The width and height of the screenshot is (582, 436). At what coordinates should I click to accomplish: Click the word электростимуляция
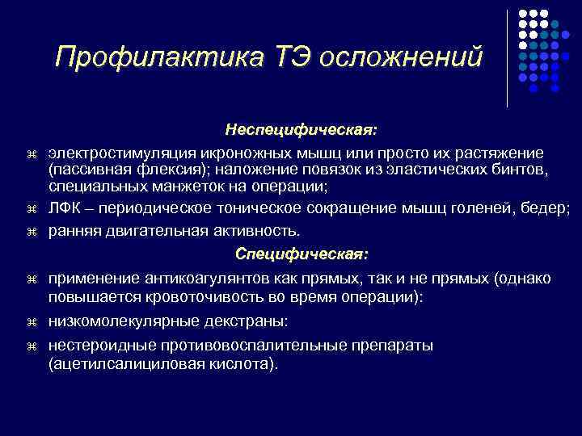[x=119, y=153]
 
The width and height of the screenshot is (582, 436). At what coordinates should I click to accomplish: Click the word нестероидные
[x=99, y=345]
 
